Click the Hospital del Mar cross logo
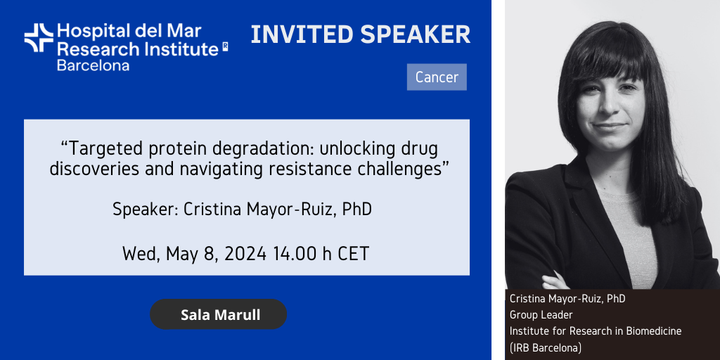click(x=39, y=38)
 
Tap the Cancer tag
click(x=437, y=77)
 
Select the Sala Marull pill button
click(x=219, y=314)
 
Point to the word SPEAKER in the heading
click(x=416, y=34)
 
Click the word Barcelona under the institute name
click(x=93, y=65)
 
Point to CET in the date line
click(x=354, y=254)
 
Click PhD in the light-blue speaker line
click(x=356, y=210)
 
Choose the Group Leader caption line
click(x=541, y=315)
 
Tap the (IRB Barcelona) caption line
click(x=545, y=347)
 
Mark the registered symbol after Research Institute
click(x=225, y=46)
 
